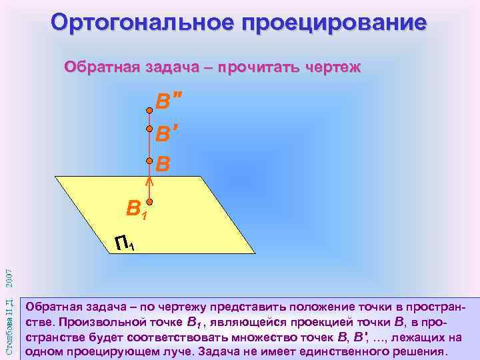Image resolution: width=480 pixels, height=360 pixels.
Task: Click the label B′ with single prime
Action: click(167, 135)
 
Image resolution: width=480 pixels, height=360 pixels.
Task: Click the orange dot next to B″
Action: click(150, 110)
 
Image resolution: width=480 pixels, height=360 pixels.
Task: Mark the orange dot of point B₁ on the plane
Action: click(150, 201)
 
